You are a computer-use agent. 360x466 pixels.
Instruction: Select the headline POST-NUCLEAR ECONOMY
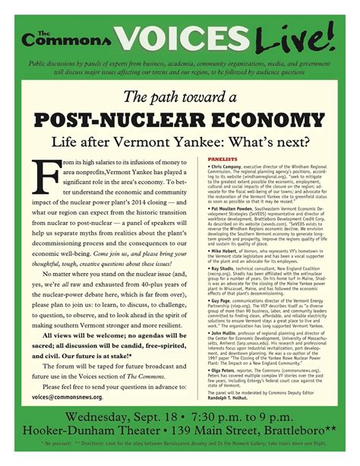[179, 120]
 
